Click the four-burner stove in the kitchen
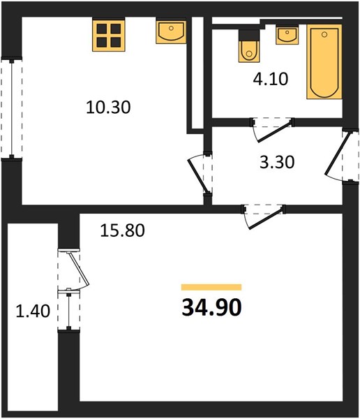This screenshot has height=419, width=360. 109,35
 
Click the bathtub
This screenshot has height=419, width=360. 324,61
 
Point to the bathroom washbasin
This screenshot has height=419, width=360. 287,35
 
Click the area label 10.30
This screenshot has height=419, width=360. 108,107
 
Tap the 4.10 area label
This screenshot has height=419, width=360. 271,79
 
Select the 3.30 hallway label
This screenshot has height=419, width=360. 277,162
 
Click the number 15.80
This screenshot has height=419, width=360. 122,230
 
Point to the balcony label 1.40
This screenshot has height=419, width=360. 33,311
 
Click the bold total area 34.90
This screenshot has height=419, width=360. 212,307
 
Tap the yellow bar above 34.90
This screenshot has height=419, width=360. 211,287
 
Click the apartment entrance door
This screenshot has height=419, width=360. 341,156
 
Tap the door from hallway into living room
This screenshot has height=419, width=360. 264,216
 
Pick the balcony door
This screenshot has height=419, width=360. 73,269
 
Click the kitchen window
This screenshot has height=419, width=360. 11,108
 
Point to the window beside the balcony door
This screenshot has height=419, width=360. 68,310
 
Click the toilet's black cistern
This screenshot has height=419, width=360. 249,35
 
